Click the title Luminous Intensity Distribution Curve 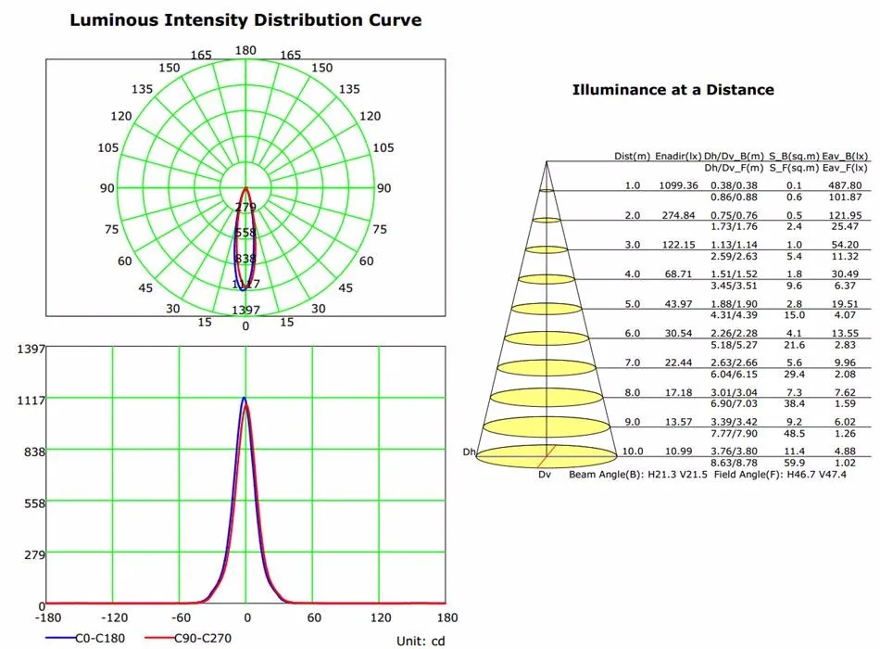[245, 19]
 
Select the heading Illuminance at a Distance [673, 90]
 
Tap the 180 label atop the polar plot [245, 51]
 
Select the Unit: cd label [421, 641]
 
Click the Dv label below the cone [545, 474]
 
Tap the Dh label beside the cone [469, 452]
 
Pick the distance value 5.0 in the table [632, 304]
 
